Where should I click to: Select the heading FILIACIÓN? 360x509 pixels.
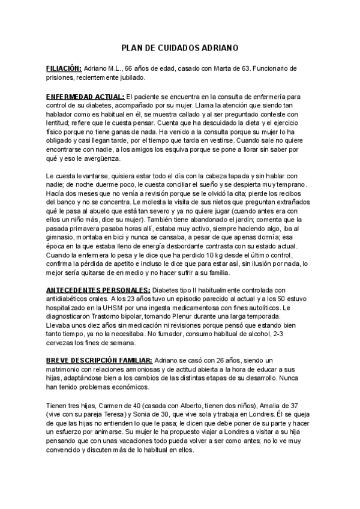pos(64,69)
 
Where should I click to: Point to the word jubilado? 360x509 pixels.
pos(131,77)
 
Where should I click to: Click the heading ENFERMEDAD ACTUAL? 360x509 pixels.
pos(85,97)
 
